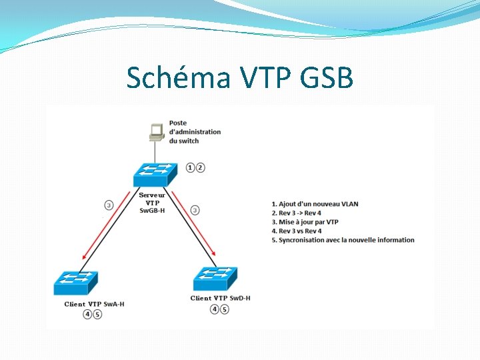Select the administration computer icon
(157, 132)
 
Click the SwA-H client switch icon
(75, 283)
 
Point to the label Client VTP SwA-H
(94, 304)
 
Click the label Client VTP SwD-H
(221, 298)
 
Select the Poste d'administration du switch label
(195, 131)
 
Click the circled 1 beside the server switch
(191, 167)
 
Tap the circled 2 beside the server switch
(201, 167)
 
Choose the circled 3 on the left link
(109, 205)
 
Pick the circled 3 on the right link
(195, 210)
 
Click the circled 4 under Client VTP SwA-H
(88, 315)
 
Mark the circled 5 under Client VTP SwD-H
(225, 309)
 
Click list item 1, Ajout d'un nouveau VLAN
(315, 204)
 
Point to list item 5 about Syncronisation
(343, 240)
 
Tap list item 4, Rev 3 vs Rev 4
(297, 231)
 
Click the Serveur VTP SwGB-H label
(152, 203)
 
